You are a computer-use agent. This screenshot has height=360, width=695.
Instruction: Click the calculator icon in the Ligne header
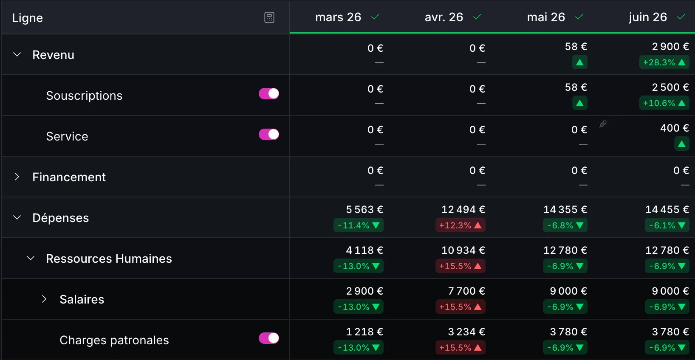pyautogui.click(x=269, y=17)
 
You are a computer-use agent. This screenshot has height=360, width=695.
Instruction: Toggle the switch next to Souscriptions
pyautogui.click(x=268, y=94)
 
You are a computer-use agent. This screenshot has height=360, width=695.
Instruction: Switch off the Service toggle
pyautogui.click(x=268, y=135)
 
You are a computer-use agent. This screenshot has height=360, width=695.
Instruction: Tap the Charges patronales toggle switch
pyautogui.click(x=268, y=338)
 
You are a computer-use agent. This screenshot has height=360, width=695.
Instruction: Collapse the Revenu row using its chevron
pyautogui.click(x=17, y=55)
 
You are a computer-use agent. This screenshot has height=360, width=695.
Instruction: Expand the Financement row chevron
pyautogui.click(x=17, y=177)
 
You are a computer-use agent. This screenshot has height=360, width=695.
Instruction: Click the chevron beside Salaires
pyautogui.click(x=44, y=299)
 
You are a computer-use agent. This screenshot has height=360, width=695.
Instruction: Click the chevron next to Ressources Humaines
pyautogui.click(x=31, y=258)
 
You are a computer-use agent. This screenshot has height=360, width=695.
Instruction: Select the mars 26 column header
pyautogui.click(x=338, y=17)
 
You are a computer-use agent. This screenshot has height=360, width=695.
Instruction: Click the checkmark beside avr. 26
pyautogui.click(x=477, y=17)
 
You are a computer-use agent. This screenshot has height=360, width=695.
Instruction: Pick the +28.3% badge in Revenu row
pyautogui.click(x=664, y=62)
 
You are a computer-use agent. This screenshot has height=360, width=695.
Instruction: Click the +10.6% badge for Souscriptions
pyautogui.click(x=664, y=103)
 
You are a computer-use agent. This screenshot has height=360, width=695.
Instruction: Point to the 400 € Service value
pyautogui.click(x=675, y=128)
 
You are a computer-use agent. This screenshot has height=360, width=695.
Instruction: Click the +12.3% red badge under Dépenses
pyautogui.click(x=461, y=225)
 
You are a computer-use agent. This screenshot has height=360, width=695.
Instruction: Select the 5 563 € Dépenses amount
pyautogui.click(x=364, y=210)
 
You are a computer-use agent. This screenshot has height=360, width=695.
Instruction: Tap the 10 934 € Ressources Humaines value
pyautogui.click(x=463, y=250)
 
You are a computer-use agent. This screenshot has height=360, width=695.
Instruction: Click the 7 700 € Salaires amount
pyautogui.click(x=466, y=291)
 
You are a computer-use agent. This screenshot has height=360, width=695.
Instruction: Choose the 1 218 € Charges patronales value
pyautogui.click(x=364, y=332)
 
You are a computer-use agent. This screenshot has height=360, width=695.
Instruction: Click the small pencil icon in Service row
pyautogui.click(x=603, y=124)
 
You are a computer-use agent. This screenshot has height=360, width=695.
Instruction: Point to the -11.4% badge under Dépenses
pyautogui.click(x=359, y=225)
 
